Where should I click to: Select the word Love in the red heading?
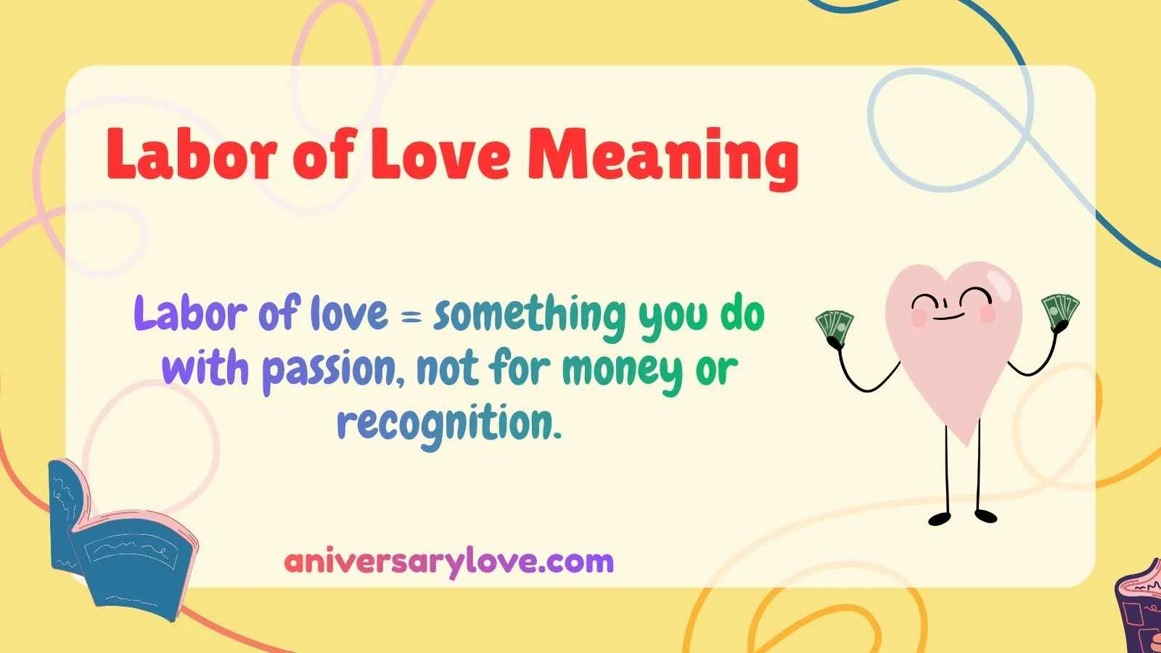(441, 155)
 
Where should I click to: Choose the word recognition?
(450, 424)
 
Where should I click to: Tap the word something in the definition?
(528, 315)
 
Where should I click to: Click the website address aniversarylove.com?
(449, 562)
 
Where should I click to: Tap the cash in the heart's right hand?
(1060, 308)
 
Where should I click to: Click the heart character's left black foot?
(940, 519)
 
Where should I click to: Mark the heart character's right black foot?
(985, 516)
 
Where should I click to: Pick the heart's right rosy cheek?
(988, 313)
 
